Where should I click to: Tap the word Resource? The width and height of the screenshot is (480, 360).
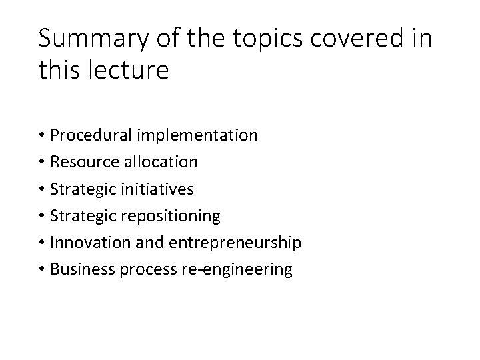[x=84, y=162]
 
